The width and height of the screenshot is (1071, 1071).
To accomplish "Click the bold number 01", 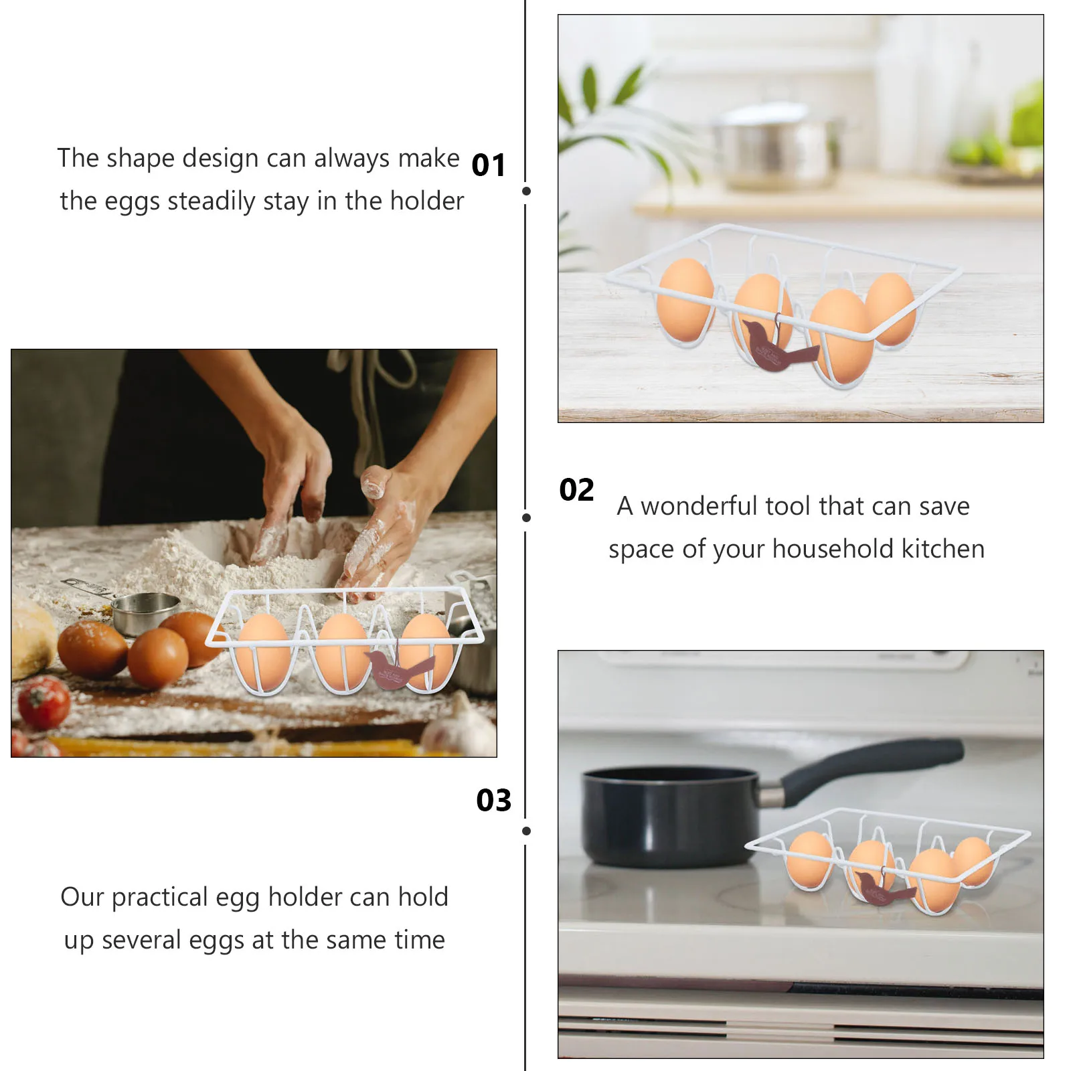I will point(489,165).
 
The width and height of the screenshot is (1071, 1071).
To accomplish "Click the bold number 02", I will point(576,490).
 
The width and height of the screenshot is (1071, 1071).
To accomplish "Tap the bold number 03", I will point(493,800).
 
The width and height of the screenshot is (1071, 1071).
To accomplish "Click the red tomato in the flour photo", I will point(44,702).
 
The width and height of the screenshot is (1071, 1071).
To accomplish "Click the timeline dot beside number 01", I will point(526,191).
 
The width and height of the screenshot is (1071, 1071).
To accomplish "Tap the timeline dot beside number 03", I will point(526,831).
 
